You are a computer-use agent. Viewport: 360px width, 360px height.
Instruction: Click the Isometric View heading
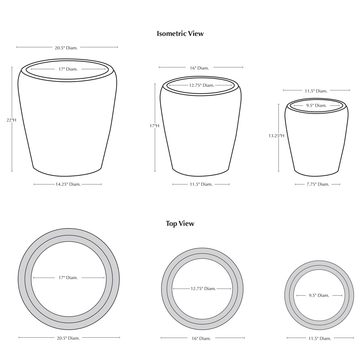click(x=180, y=34)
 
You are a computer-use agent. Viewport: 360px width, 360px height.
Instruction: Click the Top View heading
click(x=180, y=223)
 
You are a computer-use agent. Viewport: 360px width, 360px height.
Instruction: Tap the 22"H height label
click(x=11, y=120)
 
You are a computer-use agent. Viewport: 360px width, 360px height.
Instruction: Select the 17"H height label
click(x=154, y=126)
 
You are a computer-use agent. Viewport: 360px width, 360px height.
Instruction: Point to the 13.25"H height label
click(x=277, y=136)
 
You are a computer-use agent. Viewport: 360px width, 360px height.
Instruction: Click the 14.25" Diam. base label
click(x=68, y=184)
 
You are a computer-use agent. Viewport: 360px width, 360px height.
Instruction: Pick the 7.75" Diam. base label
click(x=318, y=184)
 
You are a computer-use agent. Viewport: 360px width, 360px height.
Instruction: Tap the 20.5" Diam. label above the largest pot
click(x=66, y=48)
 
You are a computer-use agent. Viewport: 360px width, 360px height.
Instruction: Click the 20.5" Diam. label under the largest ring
click(x=68, y=338)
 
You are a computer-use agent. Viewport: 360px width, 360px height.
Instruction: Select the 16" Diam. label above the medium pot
click(x=199, y=68)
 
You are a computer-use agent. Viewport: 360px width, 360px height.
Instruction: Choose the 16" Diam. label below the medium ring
click(x=201, y=338)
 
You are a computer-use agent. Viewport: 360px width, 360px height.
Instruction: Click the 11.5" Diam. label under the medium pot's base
click(x=201, y=184)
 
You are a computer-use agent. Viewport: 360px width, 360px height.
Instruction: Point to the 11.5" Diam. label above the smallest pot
click(x=316, y=91)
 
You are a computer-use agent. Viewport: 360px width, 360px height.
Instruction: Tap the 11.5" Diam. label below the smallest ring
click(x=319, y=338)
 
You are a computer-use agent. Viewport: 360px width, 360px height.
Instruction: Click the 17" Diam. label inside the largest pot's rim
click(x=68, y=69)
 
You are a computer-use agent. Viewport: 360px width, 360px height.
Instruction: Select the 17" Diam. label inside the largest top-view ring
click(x=68, y=278)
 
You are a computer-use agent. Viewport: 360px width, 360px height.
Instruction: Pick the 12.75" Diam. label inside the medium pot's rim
click(x=202, y=85)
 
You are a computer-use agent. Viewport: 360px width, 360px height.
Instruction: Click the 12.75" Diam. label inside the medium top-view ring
click(x=203, y=289)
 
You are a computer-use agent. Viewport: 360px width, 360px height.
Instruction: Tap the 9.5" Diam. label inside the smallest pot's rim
click(x=316, y=106)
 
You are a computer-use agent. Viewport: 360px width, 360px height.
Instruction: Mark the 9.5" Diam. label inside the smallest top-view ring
click(x=319, y=295)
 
